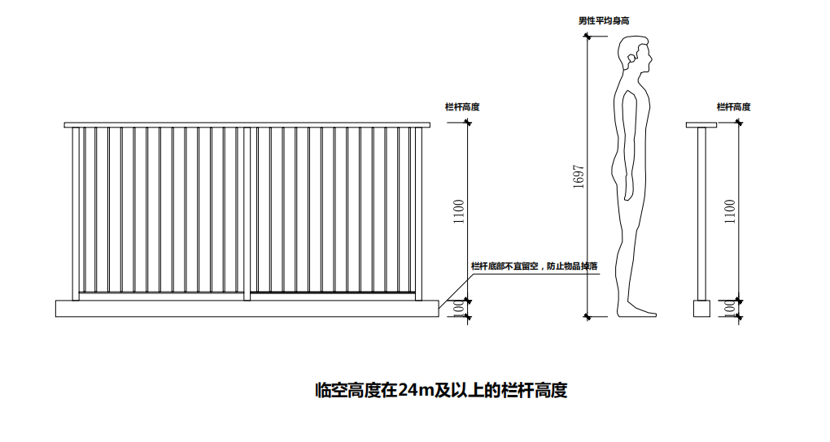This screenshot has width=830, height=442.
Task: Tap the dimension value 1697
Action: point(579,177)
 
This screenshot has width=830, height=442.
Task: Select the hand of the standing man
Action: point(629,191)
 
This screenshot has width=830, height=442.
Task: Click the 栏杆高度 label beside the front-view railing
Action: point(462,106)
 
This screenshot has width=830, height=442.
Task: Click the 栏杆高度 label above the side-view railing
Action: point(733,106)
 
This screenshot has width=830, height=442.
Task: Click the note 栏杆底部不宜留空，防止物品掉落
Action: point(535,266)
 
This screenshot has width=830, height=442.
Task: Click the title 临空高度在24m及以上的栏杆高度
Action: point(440,391)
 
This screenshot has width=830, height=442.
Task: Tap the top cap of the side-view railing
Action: point(701,125)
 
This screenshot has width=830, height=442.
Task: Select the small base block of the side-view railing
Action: point(701,308)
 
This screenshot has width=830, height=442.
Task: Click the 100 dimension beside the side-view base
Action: point(730,308)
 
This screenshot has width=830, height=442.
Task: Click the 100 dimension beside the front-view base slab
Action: point(459,308)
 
